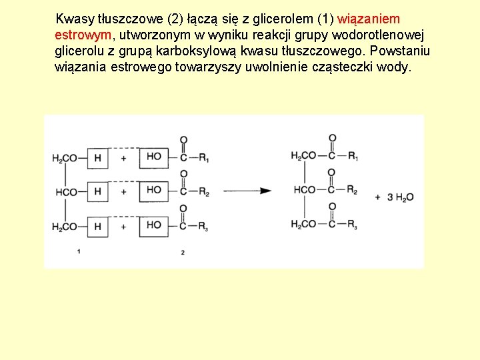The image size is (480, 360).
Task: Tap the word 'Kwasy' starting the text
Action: click(x=75, y=19)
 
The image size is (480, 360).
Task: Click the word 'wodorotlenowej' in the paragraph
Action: click(x=391, y=35)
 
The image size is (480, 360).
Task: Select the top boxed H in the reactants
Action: click(x=97, y=158)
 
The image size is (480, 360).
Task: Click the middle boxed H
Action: click(x=97, y=192)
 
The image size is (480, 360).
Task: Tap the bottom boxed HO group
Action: click(x=154, y=225)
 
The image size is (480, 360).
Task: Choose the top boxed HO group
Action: click(x=154, y=157)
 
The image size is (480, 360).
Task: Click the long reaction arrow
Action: click(x=247, y=191)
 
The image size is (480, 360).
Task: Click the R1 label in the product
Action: click(x=353, y=157)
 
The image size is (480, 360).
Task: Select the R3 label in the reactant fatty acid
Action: click(x=203, y=227)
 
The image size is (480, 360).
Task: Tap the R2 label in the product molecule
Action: click(x=353, y=191)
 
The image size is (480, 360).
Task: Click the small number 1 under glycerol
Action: click(x=79, y=251)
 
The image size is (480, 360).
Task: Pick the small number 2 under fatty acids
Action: click(x=183, y=252)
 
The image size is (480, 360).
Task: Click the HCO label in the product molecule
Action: click(x=305, y=191)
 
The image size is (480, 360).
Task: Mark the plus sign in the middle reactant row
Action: click(x=123, y=192)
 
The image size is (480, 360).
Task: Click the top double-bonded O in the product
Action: click(x=331, y=139)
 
